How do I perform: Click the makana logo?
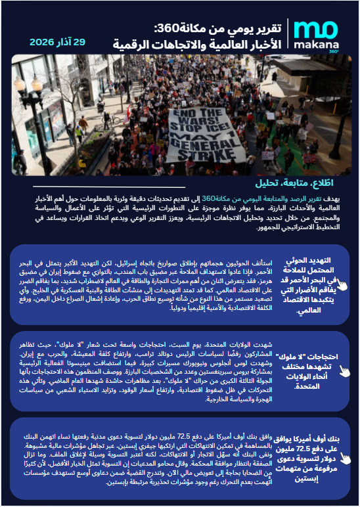pyautogui.click(x=316, y=36)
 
